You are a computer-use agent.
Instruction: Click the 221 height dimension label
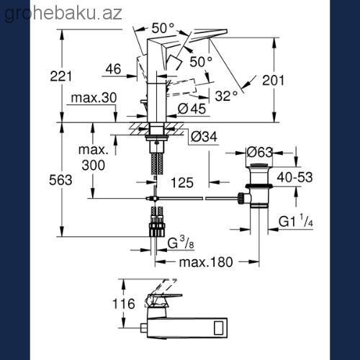click(x=60, y=76)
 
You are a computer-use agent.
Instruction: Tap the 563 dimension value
click(x=60, y=180)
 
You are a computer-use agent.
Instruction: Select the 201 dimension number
click(x=273, y=81)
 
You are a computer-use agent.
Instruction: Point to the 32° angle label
click(x=226, y=96)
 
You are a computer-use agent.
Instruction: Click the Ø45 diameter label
click(x=192, y=109)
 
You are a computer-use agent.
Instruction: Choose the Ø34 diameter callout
click(x=204, y=137)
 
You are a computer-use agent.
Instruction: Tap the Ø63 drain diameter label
click(x=260, y=152)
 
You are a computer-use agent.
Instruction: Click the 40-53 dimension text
click(x=294, y=177)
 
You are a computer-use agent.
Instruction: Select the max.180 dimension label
click(x=206, y=262)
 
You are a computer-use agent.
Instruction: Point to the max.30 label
click(x=94, y=98)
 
